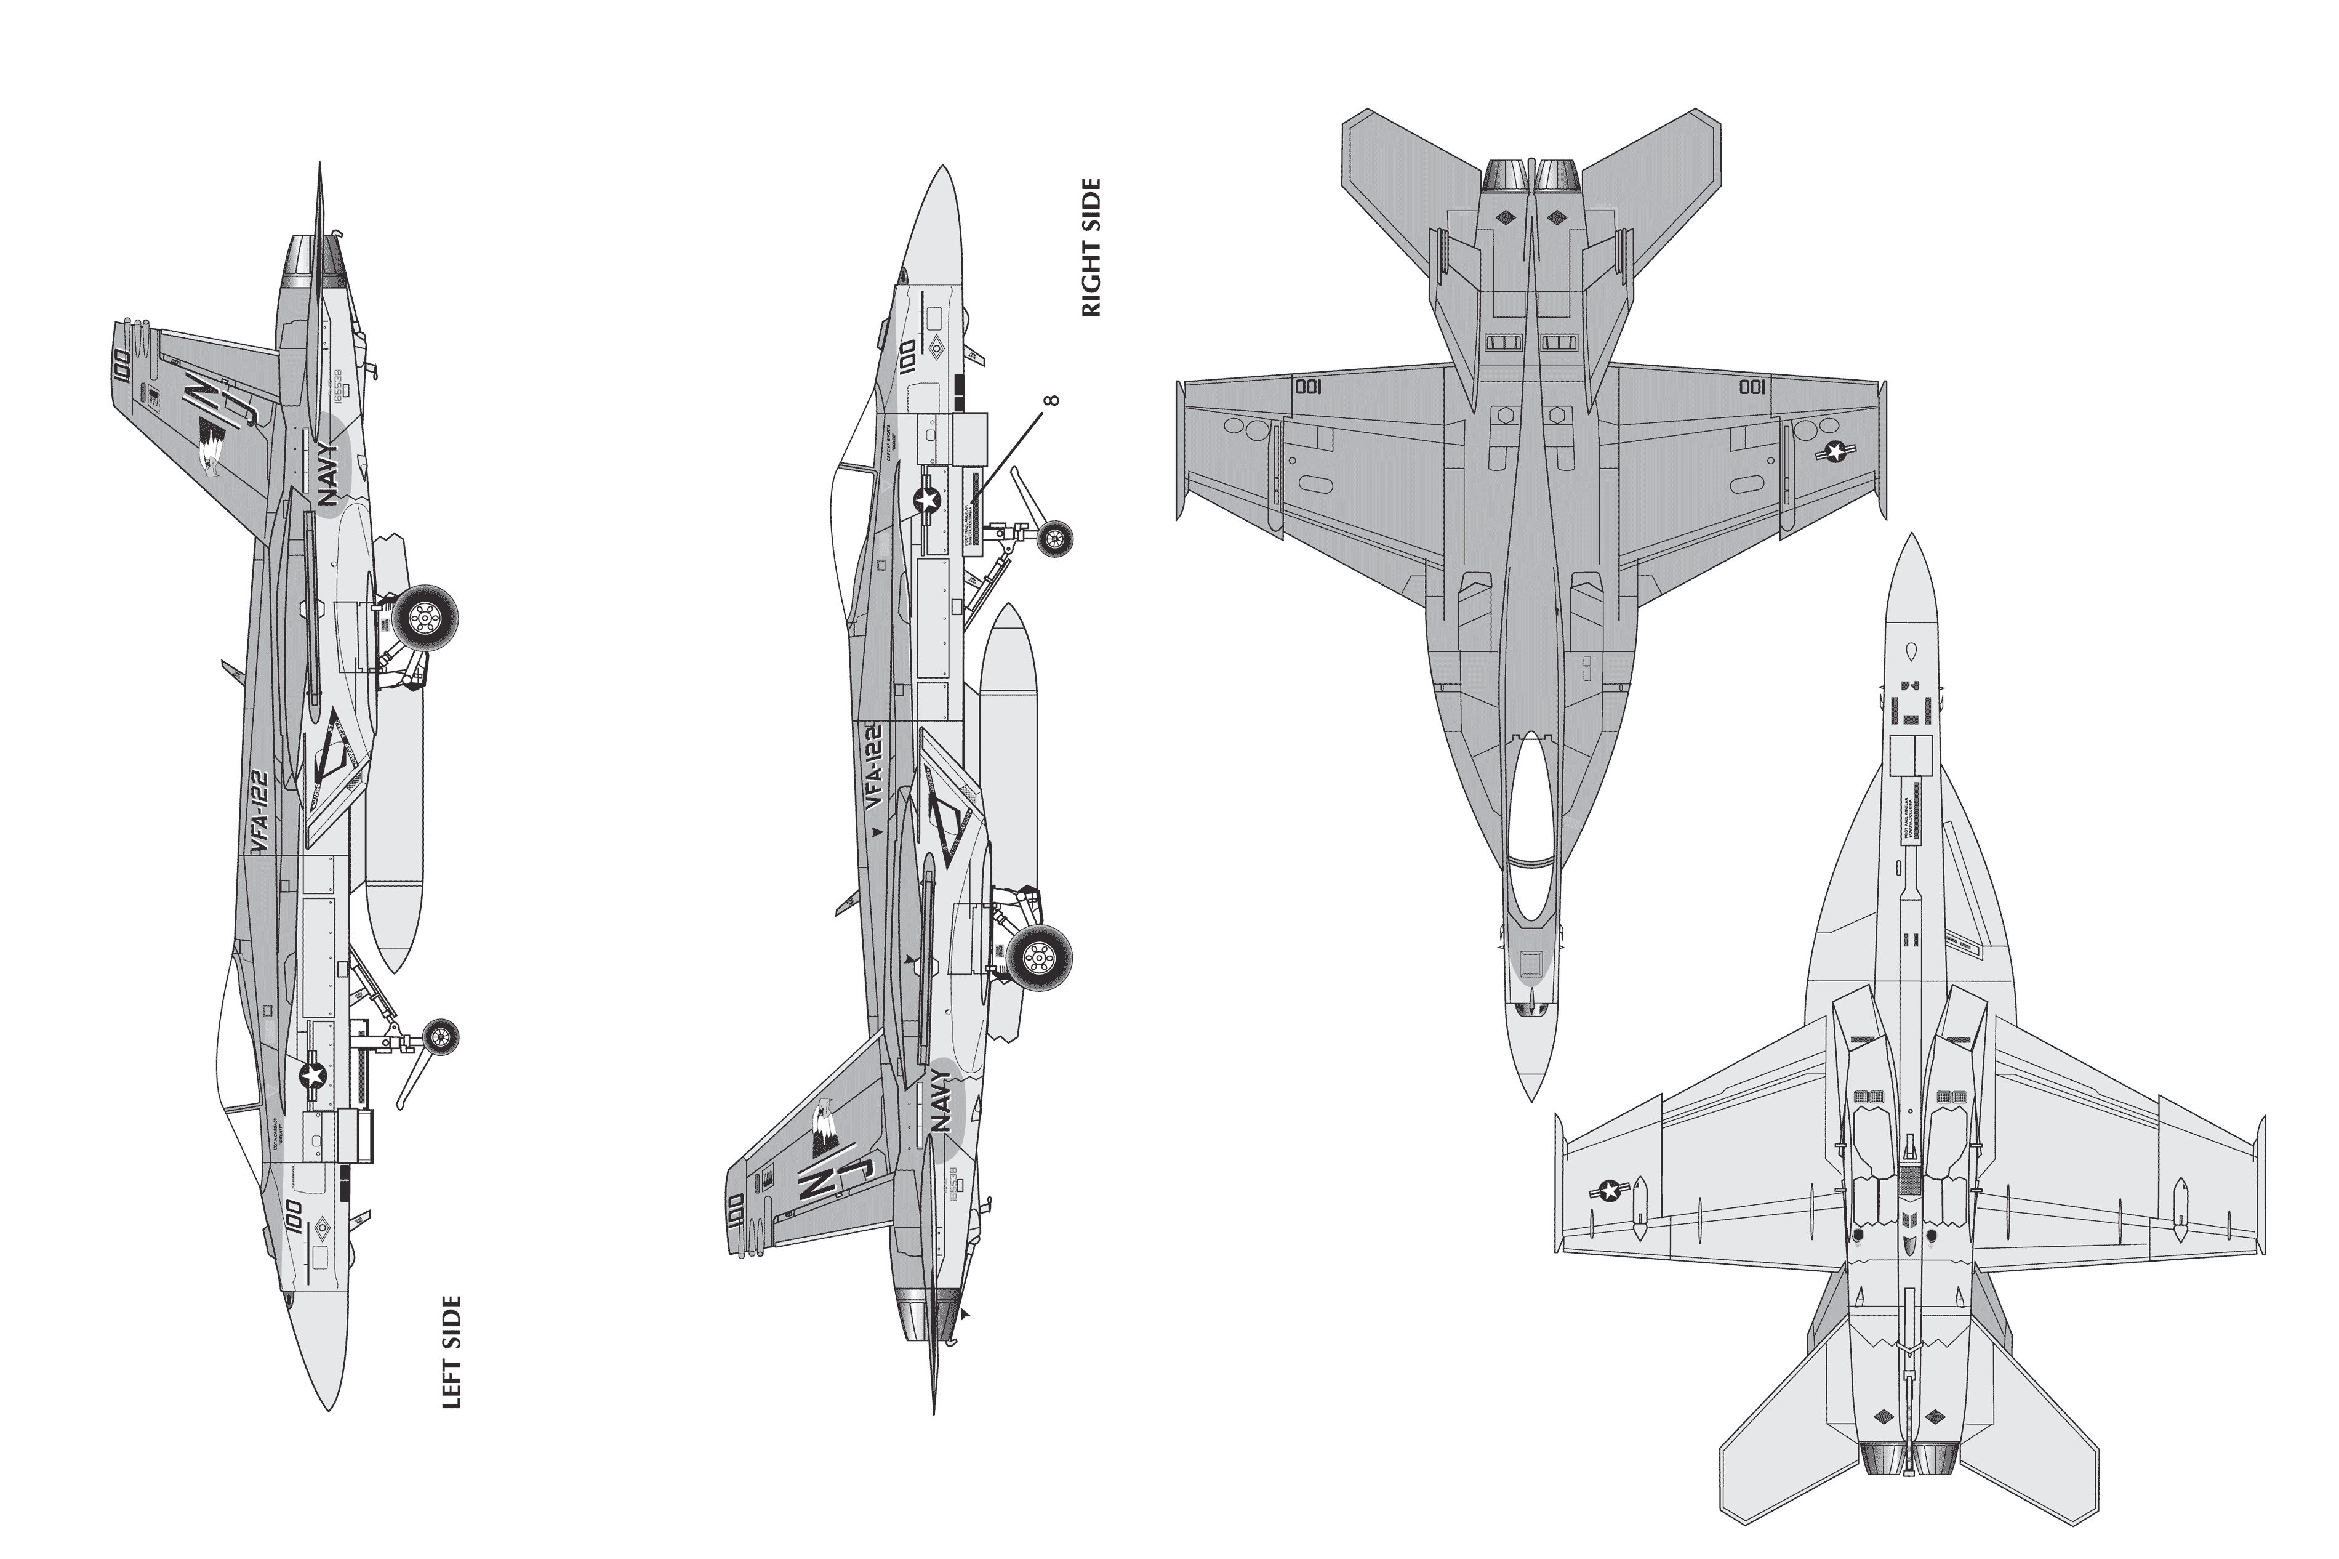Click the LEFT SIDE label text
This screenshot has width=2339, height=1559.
click(x=451, y=1352)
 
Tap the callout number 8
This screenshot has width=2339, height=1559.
click(x=1053, y=401)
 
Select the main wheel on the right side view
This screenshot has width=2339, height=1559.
click(x=1039, y=957)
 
